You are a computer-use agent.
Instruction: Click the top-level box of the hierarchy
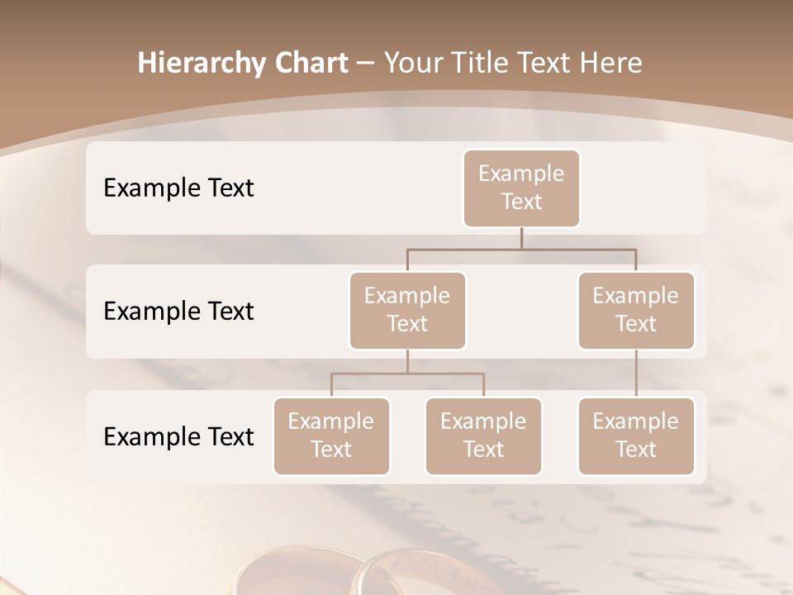[x=521, y=188]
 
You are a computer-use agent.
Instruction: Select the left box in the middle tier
[x=407, y=310]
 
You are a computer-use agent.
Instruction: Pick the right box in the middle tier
[x=636, y=310]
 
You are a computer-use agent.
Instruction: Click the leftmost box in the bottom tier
[x=331, y=436]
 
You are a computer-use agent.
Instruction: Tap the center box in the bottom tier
[x=483, y=436]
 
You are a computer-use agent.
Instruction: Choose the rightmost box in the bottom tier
[x=636, y=436]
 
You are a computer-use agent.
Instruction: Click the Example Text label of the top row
[x=178, y=188]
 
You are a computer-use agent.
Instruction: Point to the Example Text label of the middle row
[x=178, y=312]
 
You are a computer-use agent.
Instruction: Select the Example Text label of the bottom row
[x=178, y=436]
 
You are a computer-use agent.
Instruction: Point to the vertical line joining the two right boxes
[x=636, y=374]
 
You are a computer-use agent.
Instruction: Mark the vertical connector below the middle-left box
[x=407, y=361]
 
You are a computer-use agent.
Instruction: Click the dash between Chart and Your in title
[x=365, y=64]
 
